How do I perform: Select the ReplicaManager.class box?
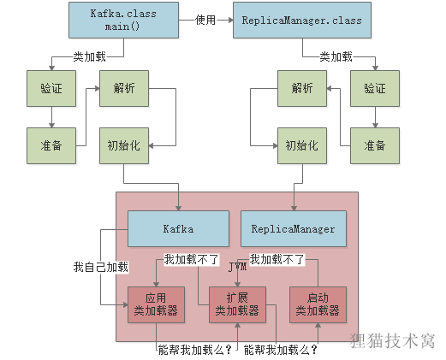click(x=302, y=20)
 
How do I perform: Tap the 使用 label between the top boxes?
click(x=206, y=20)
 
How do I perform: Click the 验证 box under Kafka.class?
click(x=51, y=88)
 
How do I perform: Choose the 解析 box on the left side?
click(x=124, y=88)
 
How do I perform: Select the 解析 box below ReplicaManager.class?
click(x=301, y=88)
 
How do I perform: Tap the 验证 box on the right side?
click(x=374, y=88)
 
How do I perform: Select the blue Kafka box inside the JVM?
click(x=178, y=228)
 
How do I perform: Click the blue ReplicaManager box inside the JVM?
click(x=294, y=228)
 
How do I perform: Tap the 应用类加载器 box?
click(x=156, y=304)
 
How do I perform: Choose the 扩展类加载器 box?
click(x=237, y=304)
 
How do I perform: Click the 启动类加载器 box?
click(x=317, y=304)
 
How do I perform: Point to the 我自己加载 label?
click(x=100, y=267)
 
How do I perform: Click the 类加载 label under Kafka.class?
click(x=90, y=56)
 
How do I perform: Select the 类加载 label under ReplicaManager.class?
click(x=336, y=56)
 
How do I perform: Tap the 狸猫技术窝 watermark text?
click(x=394, y=340)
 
